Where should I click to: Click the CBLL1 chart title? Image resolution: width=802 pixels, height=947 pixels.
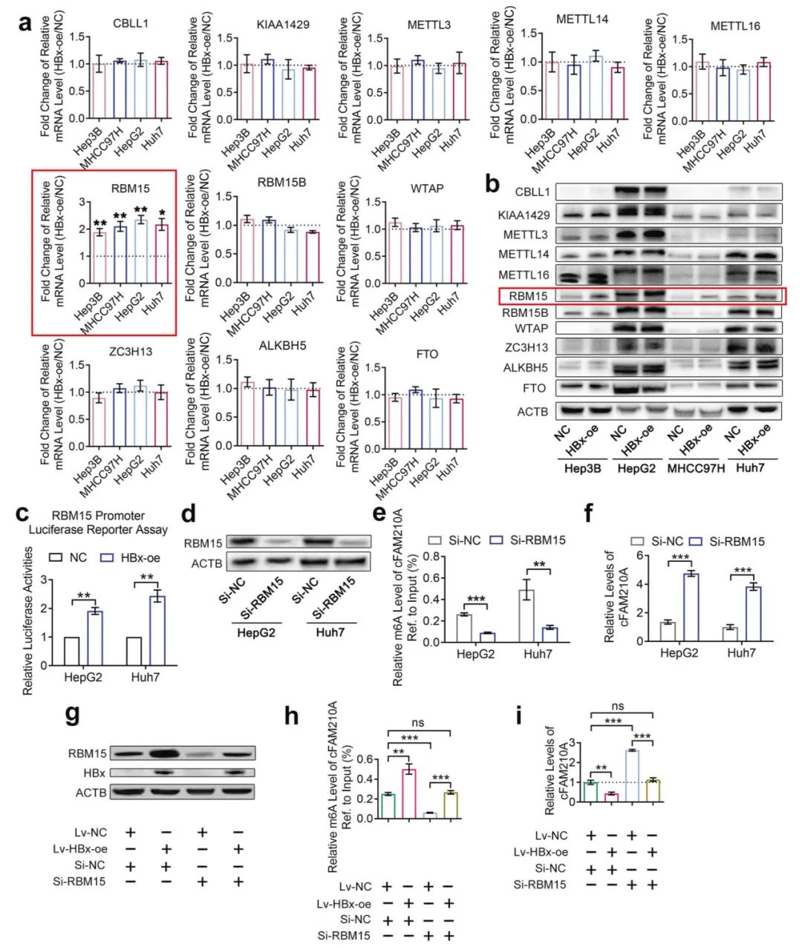[x=130, y=23]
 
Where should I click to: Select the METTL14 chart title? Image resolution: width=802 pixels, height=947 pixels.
[x=582, y=19]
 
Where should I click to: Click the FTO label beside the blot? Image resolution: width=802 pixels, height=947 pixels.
[x=533, y=388]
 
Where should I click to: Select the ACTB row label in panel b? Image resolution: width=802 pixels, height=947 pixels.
[x=532, y=411]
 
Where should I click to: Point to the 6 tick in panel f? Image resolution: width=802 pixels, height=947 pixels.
[x=635, y=555]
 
